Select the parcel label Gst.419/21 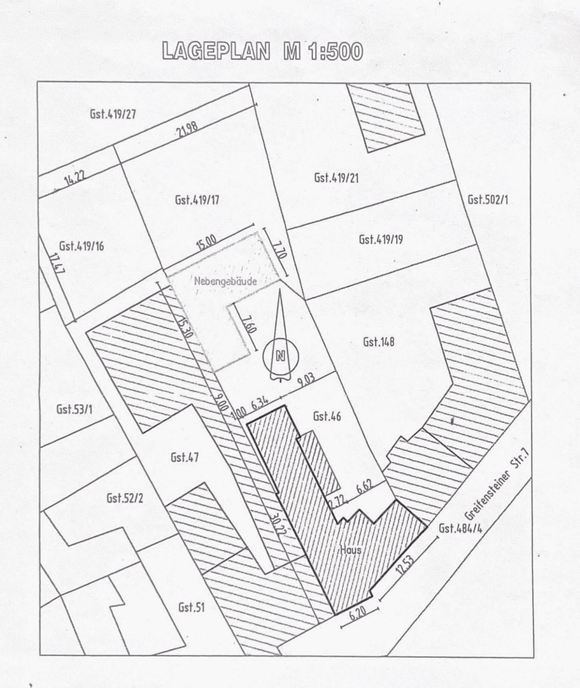point(336,177)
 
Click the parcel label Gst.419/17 point(197,200)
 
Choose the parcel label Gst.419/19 point(381,240)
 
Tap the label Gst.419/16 point(81,246)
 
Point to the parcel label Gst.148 point(378,341)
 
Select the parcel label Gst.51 point(191,607)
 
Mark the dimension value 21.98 point(188,129)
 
